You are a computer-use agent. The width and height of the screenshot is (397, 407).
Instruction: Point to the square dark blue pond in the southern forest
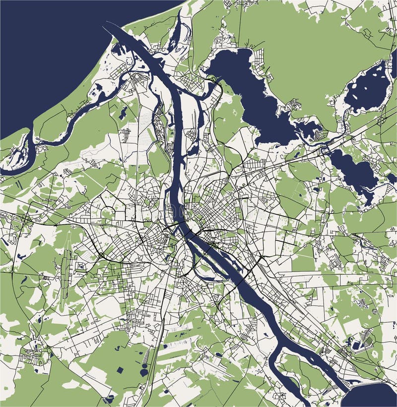coord(121,369)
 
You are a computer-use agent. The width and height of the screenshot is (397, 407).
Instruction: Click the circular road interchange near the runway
coord(102,255)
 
